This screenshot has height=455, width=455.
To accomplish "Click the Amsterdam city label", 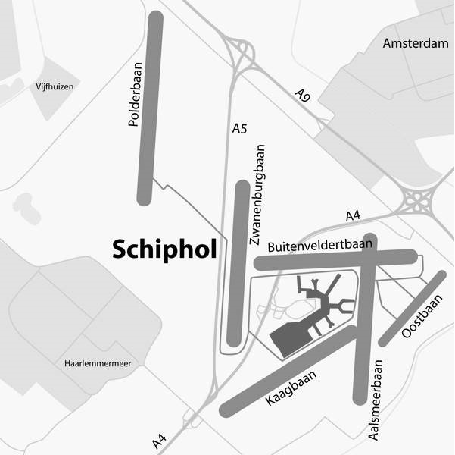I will pos(416,43).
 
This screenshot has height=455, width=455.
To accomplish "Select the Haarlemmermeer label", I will pos(98,364).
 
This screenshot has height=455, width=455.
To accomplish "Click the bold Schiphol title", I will pos(164,249).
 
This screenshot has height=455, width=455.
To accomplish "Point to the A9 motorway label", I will pos(303,96).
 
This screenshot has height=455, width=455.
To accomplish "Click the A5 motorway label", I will pos(239,129).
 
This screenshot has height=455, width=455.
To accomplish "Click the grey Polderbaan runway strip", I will pos(150,108).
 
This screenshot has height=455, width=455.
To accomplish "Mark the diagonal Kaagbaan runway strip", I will pos(288,372).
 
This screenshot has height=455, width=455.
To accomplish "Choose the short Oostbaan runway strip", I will pos(413,307).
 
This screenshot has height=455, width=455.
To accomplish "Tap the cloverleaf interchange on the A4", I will pos(416,202).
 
